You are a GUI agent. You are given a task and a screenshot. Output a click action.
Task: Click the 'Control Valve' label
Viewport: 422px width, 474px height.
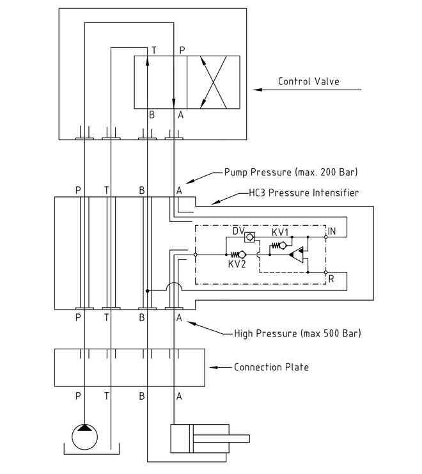308,81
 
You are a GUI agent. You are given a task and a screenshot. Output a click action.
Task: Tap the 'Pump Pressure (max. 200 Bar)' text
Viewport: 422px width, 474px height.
290,172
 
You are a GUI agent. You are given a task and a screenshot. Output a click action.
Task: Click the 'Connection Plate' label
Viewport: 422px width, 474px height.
271,367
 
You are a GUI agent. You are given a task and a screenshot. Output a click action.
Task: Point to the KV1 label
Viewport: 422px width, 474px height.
281,231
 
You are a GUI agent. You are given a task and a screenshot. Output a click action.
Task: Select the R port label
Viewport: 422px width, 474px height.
331,278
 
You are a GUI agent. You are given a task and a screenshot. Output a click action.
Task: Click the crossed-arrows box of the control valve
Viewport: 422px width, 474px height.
213,82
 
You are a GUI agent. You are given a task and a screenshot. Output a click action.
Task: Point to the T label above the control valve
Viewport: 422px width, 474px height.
153,50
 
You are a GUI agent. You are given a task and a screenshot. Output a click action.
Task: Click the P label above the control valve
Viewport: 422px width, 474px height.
182,50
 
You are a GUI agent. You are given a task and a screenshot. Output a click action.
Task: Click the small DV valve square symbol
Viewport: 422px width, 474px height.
251,237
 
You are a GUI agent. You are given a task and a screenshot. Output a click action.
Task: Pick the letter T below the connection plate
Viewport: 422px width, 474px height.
106,396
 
